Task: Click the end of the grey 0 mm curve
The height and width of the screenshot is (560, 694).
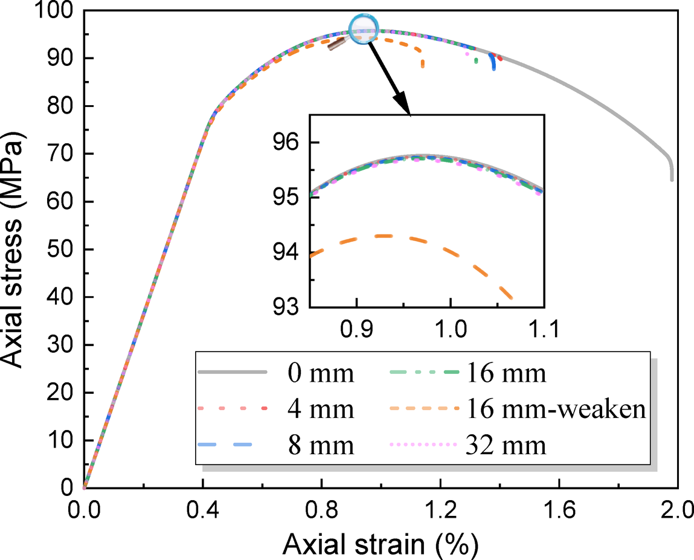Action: (672, 179)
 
